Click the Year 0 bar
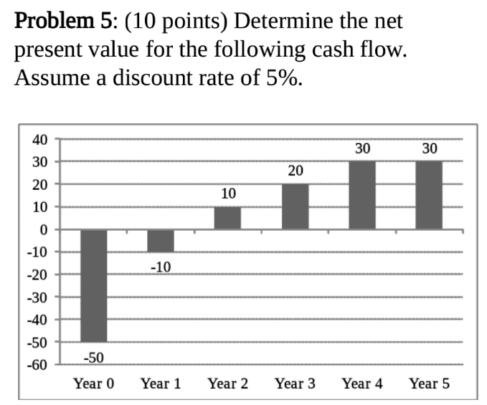(93, 286)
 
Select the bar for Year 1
(161, 241)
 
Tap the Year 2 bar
(227, 218)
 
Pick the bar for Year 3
(295, 207)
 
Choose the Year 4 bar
(362, 195)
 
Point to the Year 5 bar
(429, 195)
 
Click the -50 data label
(93, 356)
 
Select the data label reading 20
(295, 171)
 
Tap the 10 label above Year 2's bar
(228, 194)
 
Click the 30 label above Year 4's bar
(362, 148)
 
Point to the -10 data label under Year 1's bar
(161, 267)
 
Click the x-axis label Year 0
(93, 383)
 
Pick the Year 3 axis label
(295, 383)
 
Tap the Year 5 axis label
(429, 383)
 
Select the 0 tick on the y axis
(42, 230)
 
